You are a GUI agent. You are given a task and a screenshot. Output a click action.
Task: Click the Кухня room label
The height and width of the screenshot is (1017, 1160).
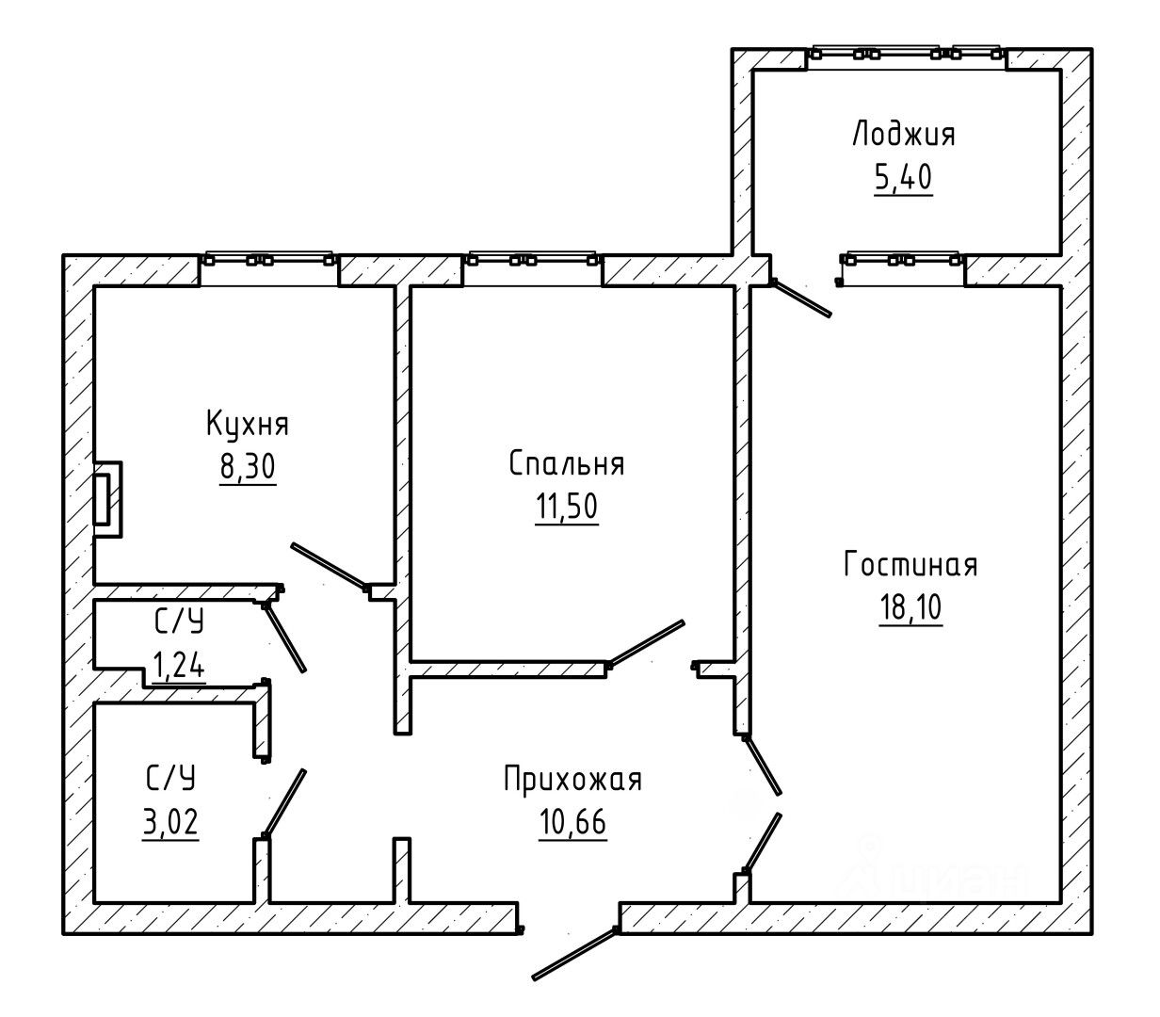click(x=248, y=425)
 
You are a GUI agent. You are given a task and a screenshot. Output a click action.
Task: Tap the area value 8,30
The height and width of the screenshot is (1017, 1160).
click(x=248, y=467)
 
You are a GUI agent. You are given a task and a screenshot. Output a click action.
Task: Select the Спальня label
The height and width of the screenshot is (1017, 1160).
click(x=566, y=464)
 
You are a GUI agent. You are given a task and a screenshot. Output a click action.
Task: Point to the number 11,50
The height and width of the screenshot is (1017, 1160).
click(x=566, y=507)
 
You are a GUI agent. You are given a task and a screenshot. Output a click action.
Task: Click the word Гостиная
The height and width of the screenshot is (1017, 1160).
click(x=910, y=565)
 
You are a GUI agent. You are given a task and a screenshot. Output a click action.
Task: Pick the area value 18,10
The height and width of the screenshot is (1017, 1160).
click(x=910, y=607)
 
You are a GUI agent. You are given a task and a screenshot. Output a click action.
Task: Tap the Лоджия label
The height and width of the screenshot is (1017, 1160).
click(x=904, y=135)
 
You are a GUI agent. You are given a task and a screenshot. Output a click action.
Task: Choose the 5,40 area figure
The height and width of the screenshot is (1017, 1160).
click(x=903, y=177)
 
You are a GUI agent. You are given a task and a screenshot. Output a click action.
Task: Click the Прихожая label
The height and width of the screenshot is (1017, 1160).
click(x=572, y=780)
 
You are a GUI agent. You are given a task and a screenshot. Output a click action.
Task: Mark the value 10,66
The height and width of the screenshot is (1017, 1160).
click(x=572, y=822)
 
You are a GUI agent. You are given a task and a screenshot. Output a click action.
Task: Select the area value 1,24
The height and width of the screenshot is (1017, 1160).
click(x=178, y=666)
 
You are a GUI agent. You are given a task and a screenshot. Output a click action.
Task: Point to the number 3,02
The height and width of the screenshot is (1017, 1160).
click(x=170, y=822)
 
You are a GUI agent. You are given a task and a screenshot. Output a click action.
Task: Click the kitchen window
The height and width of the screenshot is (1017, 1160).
click(x=268, y=260)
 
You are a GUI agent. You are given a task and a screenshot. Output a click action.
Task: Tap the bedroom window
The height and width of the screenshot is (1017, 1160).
click(x=531, y=260)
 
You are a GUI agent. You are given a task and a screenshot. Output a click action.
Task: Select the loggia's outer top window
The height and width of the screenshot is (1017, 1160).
click(x=907, y=54)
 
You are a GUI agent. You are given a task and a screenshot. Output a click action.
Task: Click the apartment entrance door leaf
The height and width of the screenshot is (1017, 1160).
click(x=573, y=955)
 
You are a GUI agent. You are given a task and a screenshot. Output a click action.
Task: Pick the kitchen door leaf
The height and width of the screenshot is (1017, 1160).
click(x=329, y=566)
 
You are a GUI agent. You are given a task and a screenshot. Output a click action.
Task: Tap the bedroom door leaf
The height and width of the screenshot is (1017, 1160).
click(x=646, y=644)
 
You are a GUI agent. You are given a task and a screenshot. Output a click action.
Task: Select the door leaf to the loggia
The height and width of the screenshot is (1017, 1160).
click(x=801, y=299)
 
